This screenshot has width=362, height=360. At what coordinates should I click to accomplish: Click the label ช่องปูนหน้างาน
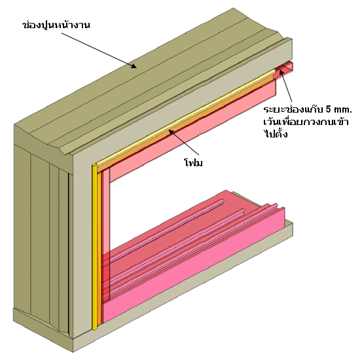pos(56,25)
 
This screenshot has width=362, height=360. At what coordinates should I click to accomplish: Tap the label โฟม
pos(193,162)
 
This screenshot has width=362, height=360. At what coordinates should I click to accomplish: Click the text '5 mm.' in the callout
pos(339,109)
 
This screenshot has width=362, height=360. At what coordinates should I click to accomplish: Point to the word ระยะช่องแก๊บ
pos(293,109)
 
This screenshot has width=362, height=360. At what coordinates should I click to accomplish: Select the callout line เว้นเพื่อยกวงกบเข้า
pos(306,122)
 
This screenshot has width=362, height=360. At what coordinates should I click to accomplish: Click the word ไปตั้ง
pos(276,134)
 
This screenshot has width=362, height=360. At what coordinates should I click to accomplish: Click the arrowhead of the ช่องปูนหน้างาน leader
pos(134,66)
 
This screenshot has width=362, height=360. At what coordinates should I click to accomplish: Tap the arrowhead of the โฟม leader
pos(171,132)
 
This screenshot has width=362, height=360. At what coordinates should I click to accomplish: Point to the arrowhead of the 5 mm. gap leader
pos(281,72)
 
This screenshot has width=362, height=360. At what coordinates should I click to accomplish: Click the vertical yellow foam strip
pos(94,247)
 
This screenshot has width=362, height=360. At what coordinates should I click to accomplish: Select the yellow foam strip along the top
pos(186,117)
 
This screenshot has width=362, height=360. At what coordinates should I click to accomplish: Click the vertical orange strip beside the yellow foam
pos(100,247)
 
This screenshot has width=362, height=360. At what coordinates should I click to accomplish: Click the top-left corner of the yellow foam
pos(92,164)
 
